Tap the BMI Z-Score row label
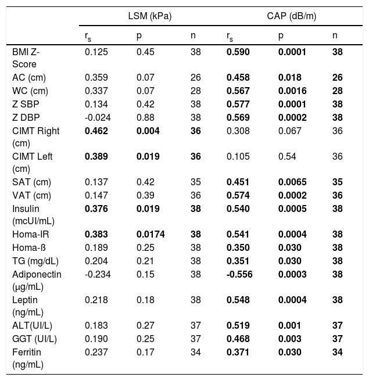pyautogui.click(x=27, y=58)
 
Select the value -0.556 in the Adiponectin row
pyautogui.click(x=239, y=274)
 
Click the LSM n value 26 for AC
pyautogui.click(x=195, y=77)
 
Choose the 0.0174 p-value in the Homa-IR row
pyautogui.click(x=149, y=235)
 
